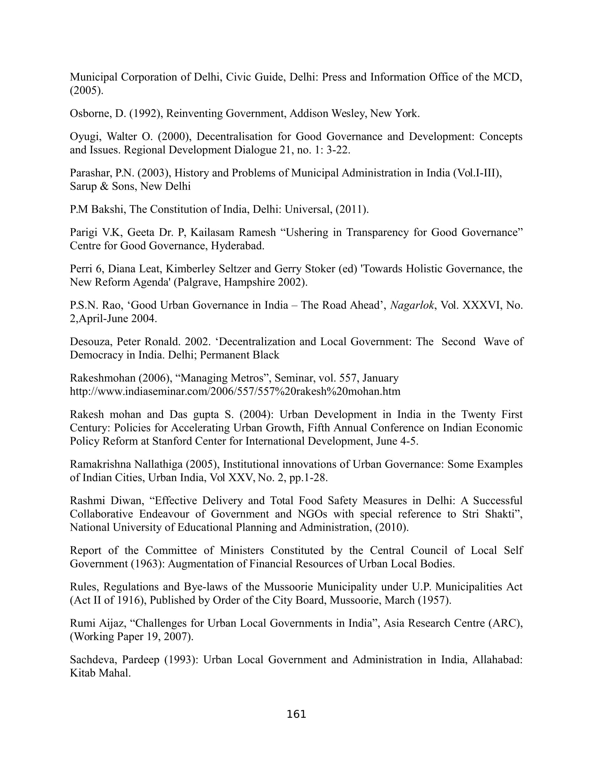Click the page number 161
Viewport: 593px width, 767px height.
(296, 714)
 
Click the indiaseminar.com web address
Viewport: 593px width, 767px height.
(235, 391)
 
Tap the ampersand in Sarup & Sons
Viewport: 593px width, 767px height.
(104, 186)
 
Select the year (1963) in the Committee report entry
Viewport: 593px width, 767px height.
(148, 564)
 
